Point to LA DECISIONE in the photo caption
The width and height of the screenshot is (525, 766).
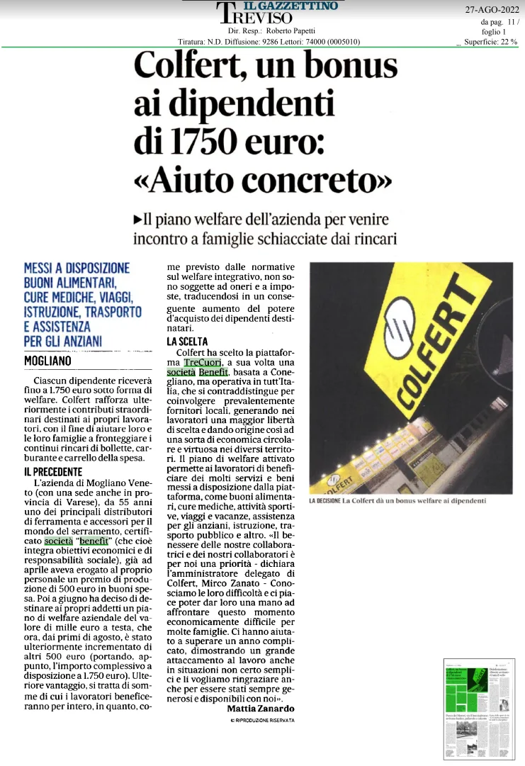[x=324, y=502]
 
